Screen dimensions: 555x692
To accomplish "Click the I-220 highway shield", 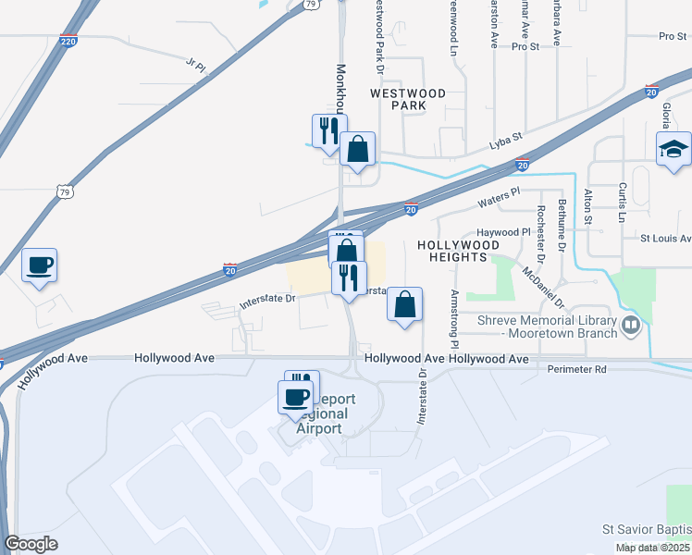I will click(x=68, y=42).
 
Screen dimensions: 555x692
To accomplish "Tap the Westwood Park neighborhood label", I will click(x=408, y=99).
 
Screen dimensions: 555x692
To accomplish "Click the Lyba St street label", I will click(x=506, y=144).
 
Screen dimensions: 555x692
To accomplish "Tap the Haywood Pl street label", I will click(x=501, y=232).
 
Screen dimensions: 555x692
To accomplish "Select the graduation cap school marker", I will click(x=673, y=148).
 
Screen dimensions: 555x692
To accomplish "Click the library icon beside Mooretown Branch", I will click(x=632, y=325).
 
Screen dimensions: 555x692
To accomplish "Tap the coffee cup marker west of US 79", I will click(x=39, y=265).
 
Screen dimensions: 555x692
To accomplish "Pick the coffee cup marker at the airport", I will click(x=296, y=397).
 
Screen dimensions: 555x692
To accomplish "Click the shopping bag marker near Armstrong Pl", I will click(x=404, y=304).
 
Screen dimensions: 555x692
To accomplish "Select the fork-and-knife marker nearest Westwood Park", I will click(x=328, y=131).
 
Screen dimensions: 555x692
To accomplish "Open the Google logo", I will click(x=31, y=544).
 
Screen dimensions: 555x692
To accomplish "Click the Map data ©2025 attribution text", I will click(x=652, y=548).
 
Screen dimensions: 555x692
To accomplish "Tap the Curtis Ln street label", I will click(x=622, y=202).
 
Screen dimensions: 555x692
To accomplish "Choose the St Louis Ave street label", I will click(x=666, y=238).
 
